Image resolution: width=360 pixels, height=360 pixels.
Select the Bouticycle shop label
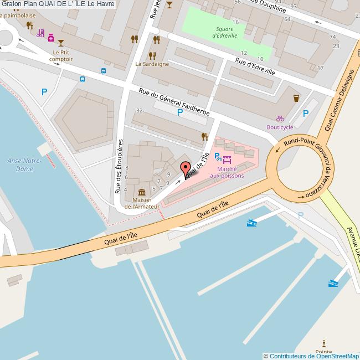[280, 127]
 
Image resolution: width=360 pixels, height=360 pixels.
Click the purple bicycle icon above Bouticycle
[280, 118]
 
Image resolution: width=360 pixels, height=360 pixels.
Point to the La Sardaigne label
[152, 64]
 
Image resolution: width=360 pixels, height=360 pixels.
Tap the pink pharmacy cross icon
[50, 38]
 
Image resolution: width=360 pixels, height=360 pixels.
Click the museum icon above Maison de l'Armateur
[142, 192]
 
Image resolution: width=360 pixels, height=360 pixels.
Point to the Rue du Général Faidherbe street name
[174, 102]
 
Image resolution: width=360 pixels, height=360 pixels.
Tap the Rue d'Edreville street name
[255, 68]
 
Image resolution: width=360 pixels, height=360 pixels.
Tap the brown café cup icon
[296, 98]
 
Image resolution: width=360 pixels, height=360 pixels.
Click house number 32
[140, 111]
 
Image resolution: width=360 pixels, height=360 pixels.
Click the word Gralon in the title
[12, 4]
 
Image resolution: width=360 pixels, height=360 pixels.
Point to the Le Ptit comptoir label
[60, 55]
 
